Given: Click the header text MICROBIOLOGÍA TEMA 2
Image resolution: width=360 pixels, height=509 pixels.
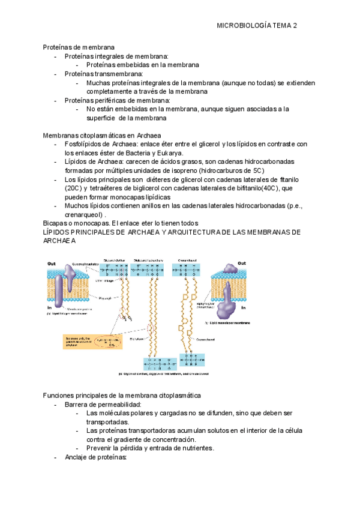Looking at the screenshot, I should point(257,26).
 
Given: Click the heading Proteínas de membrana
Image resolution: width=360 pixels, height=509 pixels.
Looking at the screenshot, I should point(78,47).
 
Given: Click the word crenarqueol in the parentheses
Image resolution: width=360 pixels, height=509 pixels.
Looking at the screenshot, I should point(83,215).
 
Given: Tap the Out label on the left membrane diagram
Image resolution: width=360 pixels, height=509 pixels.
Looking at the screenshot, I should point(52,263).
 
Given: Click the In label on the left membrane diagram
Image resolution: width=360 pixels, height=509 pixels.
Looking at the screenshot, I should point(50,307).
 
